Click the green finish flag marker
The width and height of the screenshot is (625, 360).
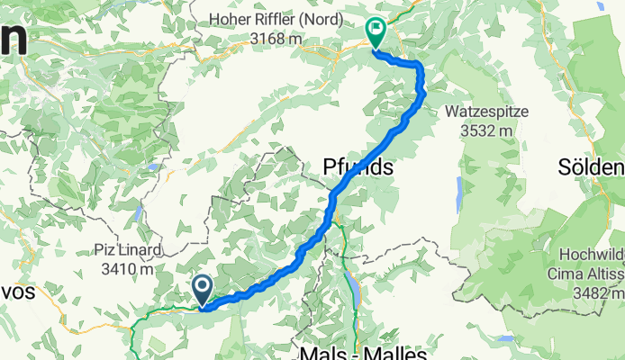coord(375,33)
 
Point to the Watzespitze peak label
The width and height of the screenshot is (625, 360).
coord(485,112)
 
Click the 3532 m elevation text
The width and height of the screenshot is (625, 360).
coord(485,129)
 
